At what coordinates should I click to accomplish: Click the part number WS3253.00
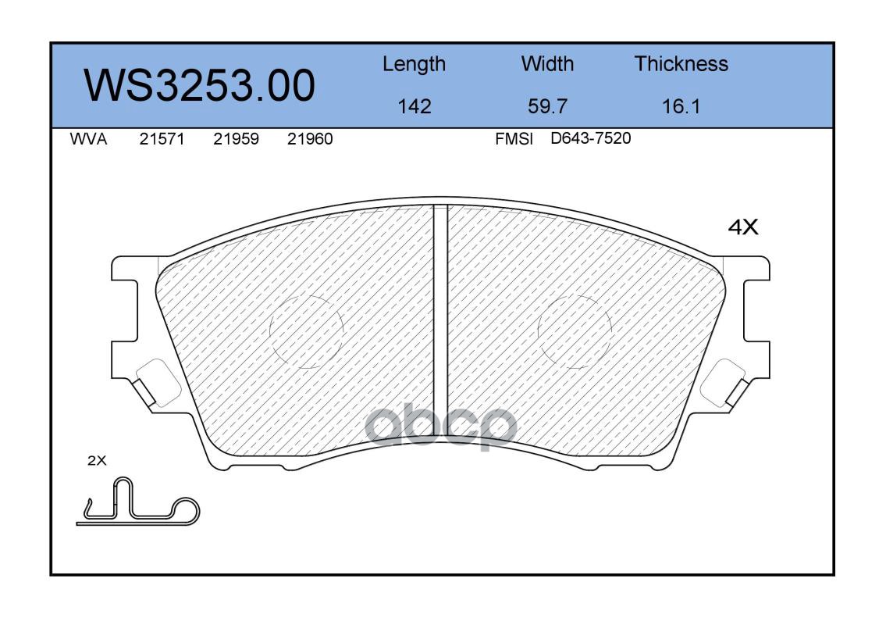(200, 85)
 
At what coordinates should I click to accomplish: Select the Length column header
(414, 65)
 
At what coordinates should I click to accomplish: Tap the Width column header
(547, 64)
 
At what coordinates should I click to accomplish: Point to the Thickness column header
(681, 64)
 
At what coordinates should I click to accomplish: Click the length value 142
(415, 106)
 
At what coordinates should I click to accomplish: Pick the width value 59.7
(547, 106)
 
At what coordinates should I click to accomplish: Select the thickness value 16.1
(681, 106)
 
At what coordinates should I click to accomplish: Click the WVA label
(88, 139)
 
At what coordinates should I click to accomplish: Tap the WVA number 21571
(162, 139)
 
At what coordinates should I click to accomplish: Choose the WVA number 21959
(236, 139)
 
